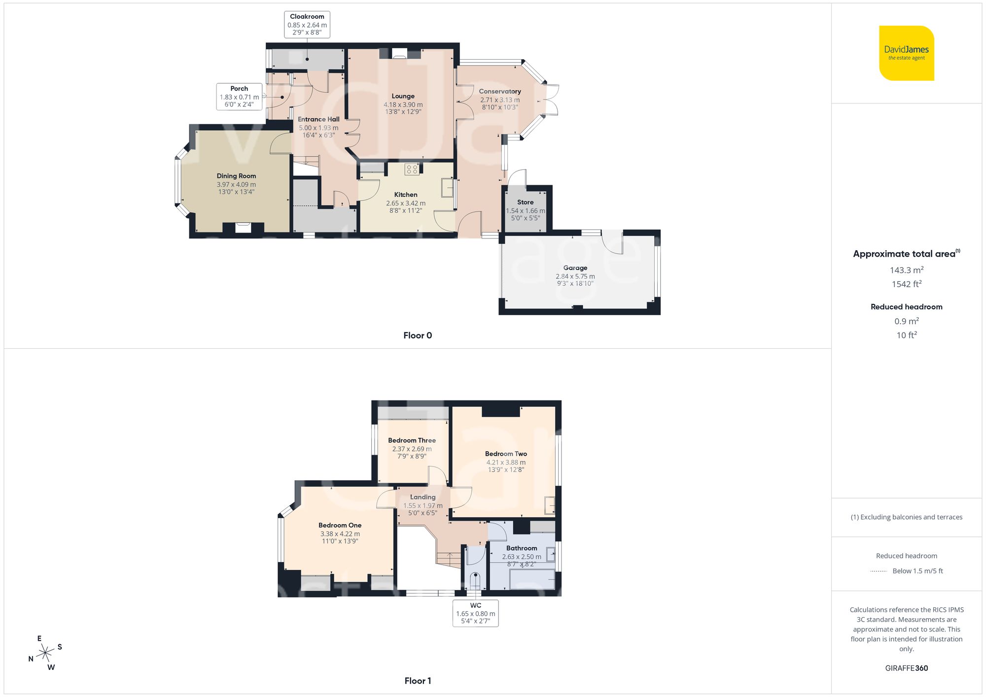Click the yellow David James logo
click(906, 53)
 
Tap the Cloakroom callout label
click(307, 25)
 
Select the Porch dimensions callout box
click(239, 97)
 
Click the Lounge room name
click(403, 96)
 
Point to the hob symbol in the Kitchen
click(412, 169)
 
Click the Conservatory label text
click(499, 91)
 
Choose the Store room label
click(525, 202)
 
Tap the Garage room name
click(575, 268)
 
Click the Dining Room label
click(236, 176)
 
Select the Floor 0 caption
click(417, 335)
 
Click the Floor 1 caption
click(417, 681)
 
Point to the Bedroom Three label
click(412, 440)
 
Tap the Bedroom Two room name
click(506, 454)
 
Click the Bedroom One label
click(340, 525)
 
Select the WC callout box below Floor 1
click(475, 613)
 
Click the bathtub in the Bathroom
click(532, 579)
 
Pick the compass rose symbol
click(45, 653)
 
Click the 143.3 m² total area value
click(906, 270)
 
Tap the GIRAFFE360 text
click(906, 668)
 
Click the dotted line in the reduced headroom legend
click(879, 571)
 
